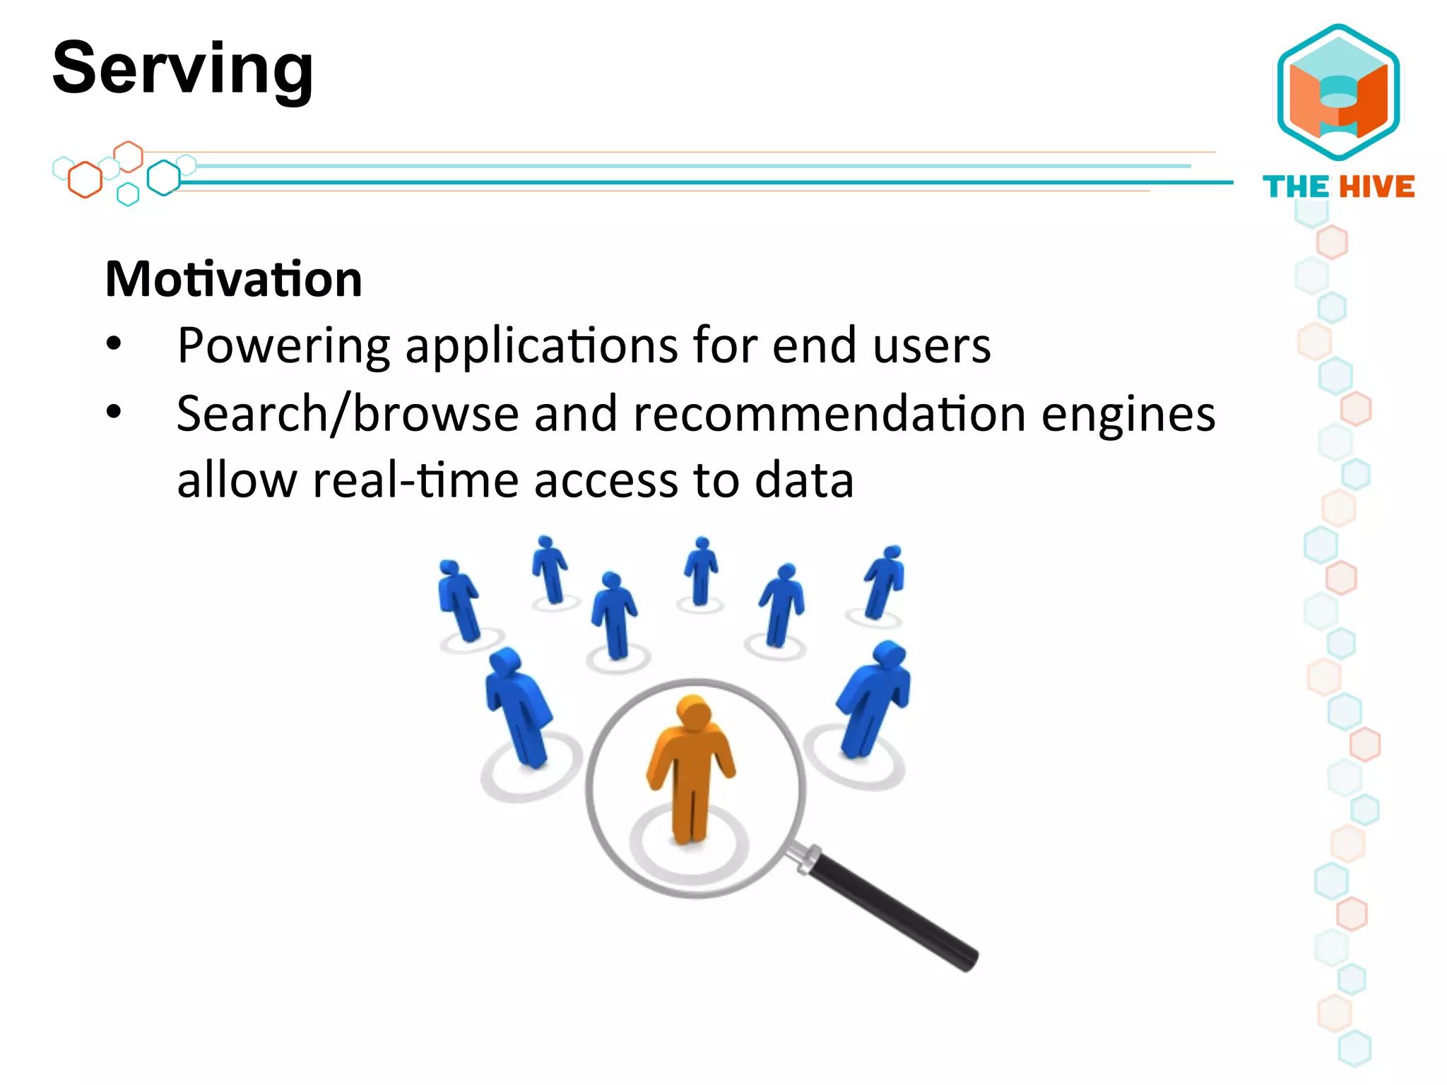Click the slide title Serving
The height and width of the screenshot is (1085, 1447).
(x=182, y=69)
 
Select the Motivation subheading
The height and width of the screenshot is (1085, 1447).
(x=233, y=279)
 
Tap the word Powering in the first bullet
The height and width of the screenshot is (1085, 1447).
(x=283, y=346)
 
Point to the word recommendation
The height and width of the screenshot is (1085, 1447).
(x=829, y=414)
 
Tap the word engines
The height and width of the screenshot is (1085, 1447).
(x=1128, y=415)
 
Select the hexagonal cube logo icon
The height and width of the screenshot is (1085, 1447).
(x=1338, y=92)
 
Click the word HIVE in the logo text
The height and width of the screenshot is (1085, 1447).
(x=1377, y=187)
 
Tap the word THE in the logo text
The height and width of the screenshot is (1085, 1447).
(x=1296, y=187)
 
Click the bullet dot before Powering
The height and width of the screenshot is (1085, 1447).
(x=114, y=345)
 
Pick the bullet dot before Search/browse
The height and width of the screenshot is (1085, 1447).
(x=114, y=412)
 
